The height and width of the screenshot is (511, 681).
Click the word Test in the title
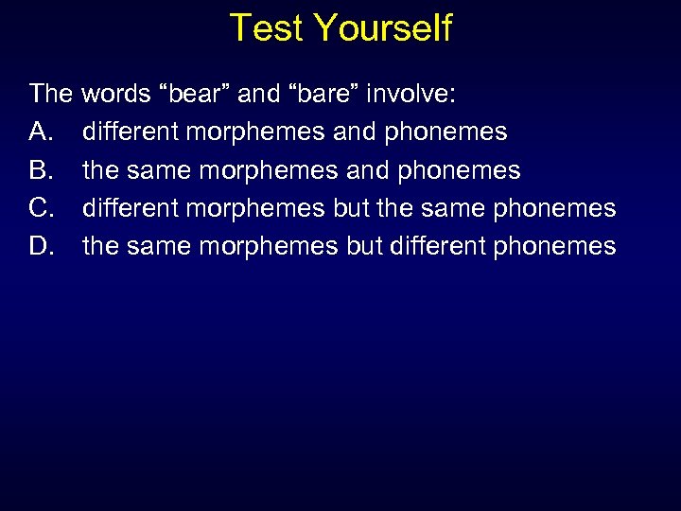(x=268, y=27)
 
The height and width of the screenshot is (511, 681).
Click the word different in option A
(x=131, y=132)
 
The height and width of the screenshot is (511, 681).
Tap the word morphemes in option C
(x=256, y=208)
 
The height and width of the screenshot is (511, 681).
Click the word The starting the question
(x=51, y=94)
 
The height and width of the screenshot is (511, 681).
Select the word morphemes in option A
(x=256, y=132)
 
